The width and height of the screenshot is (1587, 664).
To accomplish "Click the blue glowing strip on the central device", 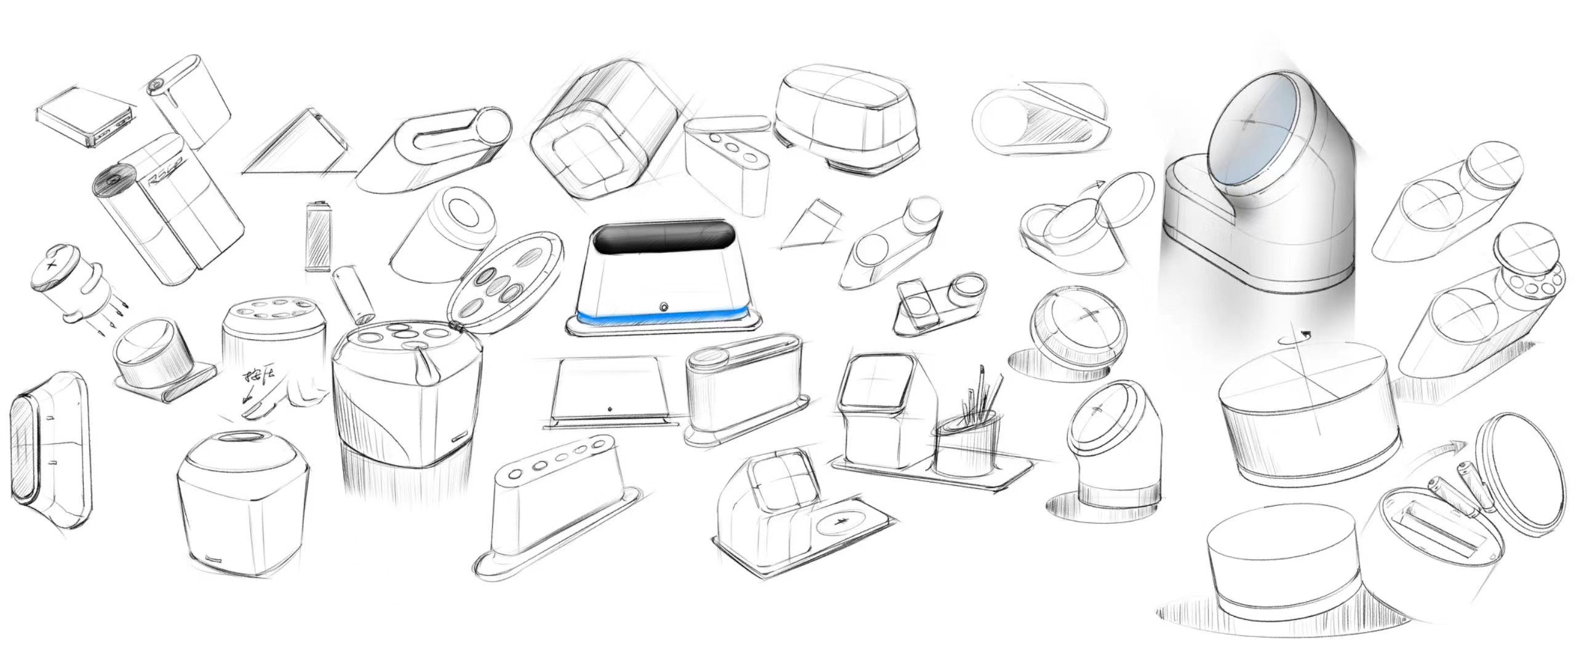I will [x=664, y=318].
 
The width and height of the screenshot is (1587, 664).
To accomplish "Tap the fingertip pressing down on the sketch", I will [x=253, y=411].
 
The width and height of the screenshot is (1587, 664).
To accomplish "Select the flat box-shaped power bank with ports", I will [x=84, y=116].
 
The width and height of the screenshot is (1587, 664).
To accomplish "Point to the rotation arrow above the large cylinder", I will [x=1293, y=338].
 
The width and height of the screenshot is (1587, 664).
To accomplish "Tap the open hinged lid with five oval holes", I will [x=506, y=283].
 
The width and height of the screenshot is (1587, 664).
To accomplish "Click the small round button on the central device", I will [x=664, y=306].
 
